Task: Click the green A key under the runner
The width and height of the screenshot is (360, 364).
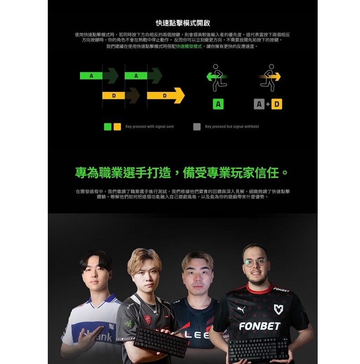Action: click(x=219, y=104)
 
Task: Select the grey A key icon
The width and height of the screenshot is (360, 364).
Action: click(x=259, y=104)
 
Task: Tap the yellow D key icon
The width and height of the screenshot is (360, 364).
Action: click(x=276, y=104)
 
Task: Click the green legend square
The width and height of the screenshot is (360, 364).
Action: click(x=108, y=126)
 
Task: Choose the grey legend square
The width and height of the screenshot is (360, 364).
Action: click(x=197, y=126)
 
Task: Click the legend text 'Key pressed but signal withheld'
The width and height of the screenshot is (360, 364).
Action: click(x=232, y=126)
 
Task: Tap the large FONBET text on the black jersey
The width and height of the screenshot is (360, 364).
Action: click(x=260, y=326)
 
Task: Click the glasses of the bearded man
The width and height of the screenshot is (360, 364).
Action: click(x=254, y=262)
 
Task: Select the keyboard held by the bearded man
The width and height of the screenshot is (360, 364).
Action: click(x=259, y=349)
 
